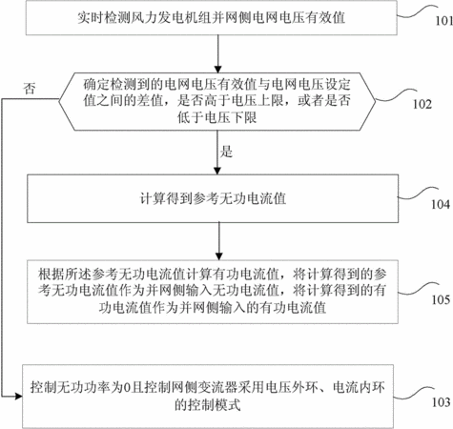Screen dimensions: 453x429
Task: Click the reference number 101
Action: pos(444,21)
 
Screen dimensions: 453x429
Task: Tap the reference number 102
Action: pos(422,104)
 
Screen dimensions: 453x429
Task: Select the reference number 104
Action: pos(441,204)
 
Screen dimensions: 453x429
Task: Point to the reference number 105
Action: pos(441,299)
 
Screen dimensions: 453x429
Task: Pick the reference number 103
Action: pos(441,402)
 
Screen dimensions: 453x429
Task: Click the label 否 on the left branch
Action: pos(30,88)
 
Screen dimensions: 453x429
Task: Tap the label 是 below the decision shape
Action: pos(226,152)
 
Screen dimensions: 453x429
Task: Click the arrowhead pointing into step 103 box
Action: pos(18,397)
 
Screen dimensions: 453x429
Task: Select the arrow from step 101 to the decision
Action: pos(217,53)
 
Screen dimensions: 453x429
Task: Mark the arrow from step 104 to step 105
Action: pos(218,241)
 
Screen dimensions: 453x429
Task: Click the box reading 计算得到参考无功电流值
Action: pos(213,198)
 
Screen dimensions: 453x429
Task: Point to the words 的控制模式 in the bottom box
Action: pos(207,405)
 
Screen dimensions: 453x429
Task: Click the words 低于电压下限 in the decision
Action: pos(217,117)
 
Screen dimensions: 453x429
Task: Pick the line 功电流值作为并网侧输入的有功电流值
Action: pos(213,308)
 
